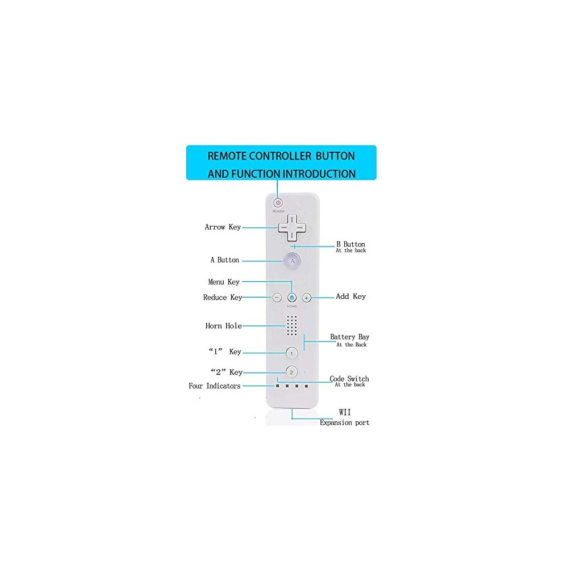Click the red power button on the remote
(x=278, y=203)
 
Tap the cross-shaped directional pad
(x=292, y=228)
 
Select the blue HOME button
(x=292, y=297)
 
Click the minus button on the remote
(x=277, y=297)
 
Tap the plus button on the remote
(x=307, y=297)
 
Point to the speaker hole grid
(x=292, y=325)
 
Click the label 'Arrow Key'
(x=223, y=227)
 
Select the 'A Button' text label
(x=225, y=260)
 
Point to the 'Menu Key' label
(x=224, y=282)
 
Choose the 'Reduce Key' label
(x=223, y=298)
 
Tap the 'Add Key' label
(x=351, y=296)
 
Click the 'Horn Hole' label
(x=223, y=326)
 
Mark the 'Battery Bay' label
(x=350, y=337)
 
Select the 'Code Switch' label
(x=349, y=379)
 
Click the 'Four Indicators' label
(x=215, y=386)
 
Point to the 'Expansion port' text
(x=345, y=423)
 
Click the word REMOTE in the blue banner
(x=230, y=156)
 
